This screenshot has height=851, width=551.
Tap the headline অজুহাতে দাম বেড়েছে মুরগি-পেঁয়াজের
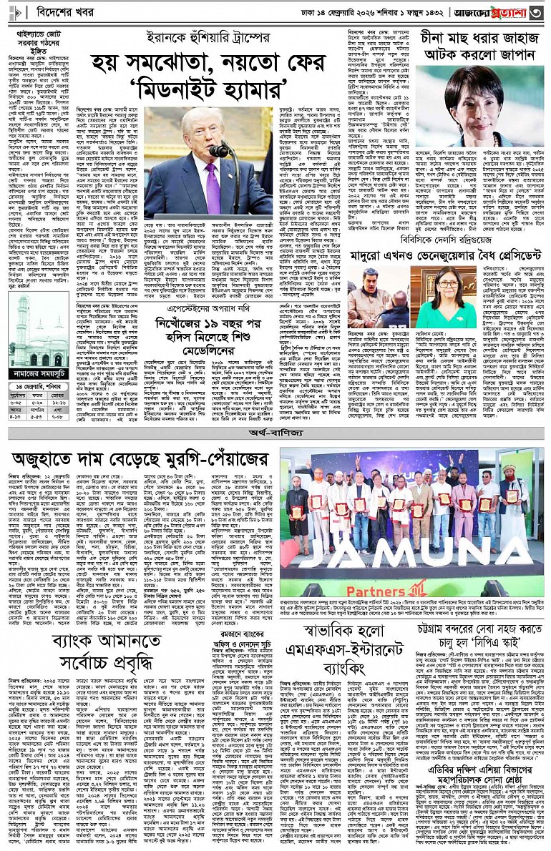[140, 458]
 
